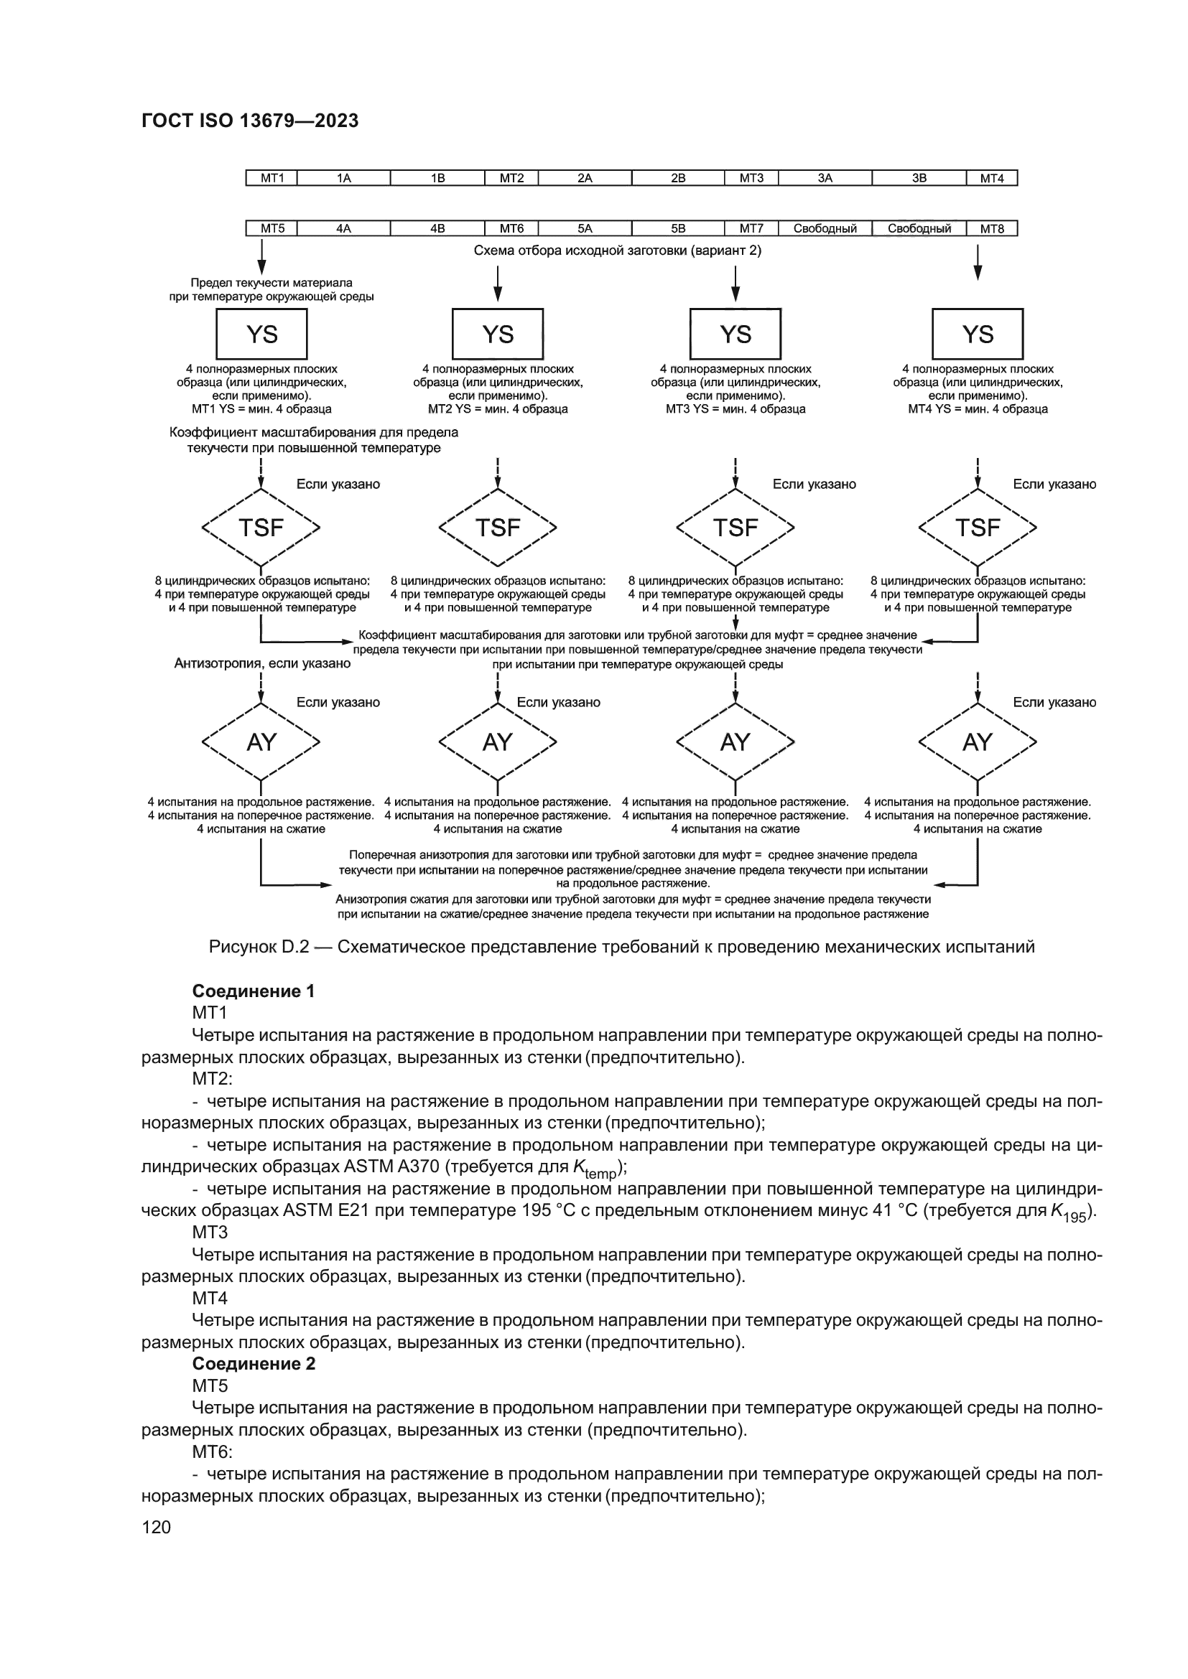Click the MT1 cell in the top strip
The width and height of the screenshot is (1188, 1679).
click(272, 178)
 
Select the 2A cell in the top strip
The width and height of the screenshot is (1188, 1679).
click(585, 178)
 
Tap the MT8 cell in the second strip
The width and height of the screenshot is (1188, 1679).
click(991, 228)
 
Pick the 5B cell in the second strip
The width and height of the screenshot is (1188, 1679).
click(678, 228)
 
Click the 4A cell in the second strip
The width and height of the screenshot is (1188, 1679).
click(344, 228)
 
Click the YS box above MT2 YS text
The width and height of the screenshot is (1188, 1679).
click(498, 335)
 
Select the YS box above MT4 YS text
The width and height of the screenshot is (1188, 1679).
click(978, 335)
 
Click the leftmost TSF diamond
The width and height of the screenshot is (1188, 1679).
click(261, 528)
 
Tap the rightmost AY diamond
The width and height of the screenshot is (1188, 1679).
click(978, 742)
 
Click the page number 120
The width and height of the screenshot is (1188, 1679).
click(156, 1527)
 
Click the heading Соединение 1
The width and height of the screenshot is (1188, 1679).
click(253, 991)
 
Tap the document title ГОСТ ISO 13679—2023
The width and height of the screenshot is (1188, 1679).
click(249, 121)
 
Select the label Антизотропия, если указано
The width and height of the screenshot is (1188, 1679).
click(262, 663)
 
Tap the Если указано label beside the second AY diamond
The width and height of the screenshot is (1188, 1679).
click(558, 702)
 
